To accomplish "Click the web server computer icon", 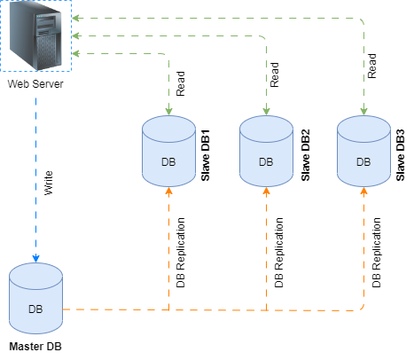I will click(36, 36).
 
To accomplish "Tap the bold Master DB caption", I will click(35, 346).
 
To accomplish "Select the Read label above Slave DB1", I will click(180, 87).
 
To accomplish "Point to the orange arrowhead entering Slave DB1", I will click(168, 192).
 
